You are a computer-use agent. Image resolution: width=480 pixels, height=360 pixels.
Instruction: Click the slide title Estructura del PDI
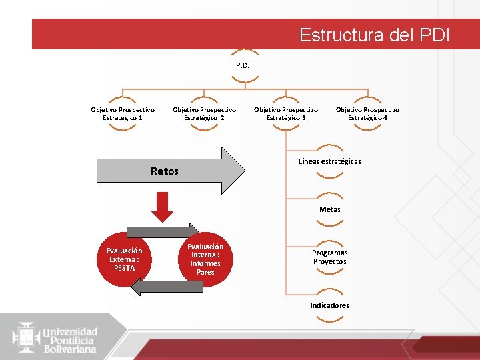(374, 35)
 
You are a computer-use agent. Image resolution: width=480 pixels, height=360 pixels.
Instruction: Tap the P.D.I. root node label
(245, 66)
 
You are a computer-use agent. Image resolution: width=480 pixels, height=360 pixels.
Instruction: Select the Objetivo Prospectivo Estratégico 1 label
(123, 113)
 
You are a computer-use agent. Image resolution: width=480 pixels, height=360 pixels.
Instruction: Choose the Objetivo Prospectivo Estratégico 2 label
(204, 113)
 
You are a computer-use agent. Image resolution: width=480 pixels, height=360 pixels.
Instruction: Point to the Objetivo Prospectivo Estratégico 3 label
(286, 113)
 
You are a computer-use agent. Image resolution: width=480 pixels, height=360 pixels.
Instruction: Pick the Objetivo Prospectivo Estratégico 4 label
(367, 113)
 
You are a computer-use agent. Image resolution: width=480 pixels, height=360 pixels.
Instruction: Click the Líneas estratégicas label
(329, 161)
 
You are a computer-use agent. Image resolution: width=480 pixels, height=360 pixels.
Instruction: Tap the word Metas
(329, 209)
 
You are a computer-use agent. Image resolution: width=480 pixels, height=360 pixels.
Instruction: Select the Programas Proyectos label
(329, 257)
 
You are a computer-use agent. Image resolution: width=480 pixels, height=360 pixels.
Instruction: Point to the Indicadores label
(329, 305)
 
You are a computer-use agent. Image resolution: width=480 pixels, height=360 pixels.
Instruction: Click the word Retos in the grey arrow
(165, 171)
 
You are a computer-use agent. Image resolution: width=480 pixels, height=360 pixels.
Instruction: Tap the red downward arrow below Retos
(162, 207)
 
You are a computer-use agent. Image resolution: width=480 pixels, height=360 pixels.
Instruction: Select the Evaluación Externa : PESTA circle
(124, 259)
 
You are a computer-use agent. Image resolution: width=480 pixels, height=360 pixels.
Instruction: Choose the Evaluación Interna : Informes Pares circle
(205, 259)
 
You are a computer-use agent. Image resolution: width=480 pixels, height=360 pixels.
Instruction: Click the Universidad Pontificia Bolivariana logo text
(70, 340)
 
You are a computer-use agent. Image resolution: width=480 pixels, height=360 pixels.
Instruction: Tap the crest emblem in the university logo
(26, 337)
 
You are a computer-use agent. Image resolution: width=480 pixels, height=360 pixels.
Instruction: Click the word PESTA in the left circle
(124, 268)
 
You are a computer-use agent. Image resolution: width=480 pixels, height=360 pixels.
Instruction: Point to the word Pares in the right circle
(205, 272)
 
